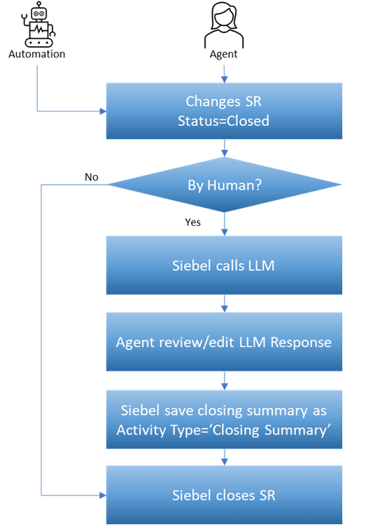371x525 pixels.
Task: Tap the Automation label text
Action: tap(37, 54)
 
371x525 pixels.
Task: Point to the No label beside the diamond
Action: tap(91, 177)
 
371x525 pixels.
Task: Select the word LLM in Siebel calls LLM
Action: tap(261, 265)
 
